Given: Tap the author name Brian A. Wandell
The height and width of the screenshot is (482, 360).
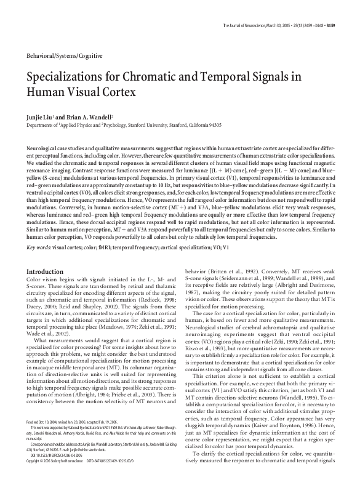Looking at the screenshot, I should [102, 116].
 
